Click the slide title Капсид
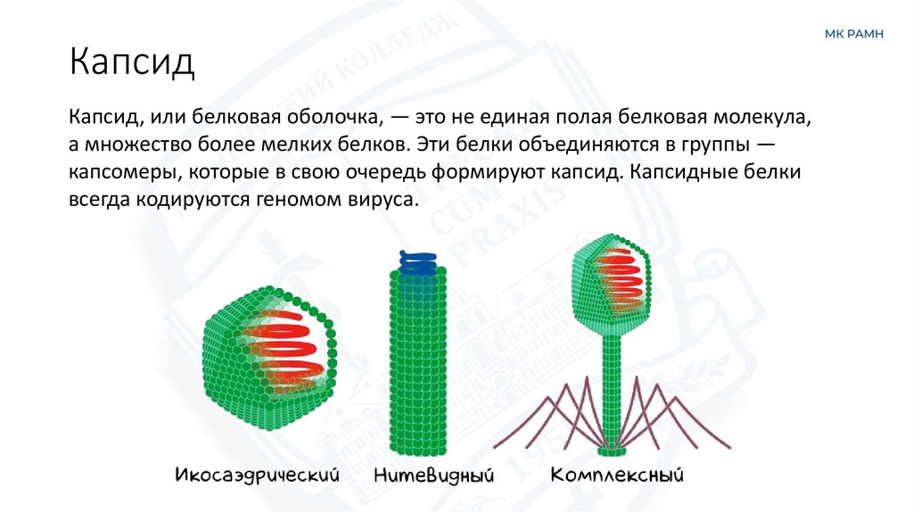pyautogui.click(x=132, y=64)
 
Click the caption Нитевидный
pyautogui.click(x=435, y=473)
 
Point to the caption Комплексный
pyautogui.click(x=610, y=473)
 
